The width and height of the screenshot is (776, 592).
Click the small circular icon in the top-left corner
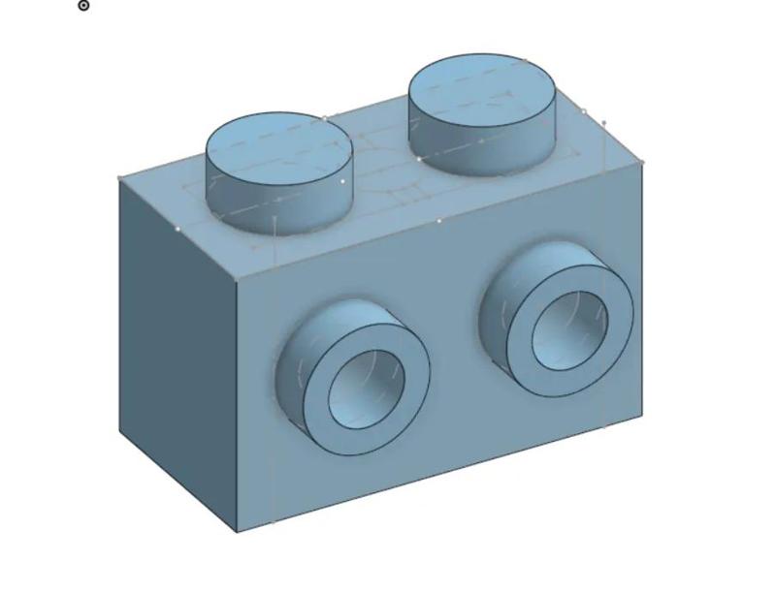(83, 6)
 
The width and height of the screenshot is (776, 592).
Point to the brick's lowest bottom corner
(237, 532)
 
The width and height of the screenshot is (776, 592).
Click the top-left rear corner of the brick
(119, 178)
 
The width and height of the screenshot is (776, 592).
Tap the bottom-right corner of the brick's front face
(642, 416)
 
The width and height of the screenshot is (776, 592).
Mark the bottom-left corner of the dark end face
(120, 432)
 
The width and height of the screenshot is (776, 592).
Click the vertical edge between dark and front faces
(237, 407)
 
